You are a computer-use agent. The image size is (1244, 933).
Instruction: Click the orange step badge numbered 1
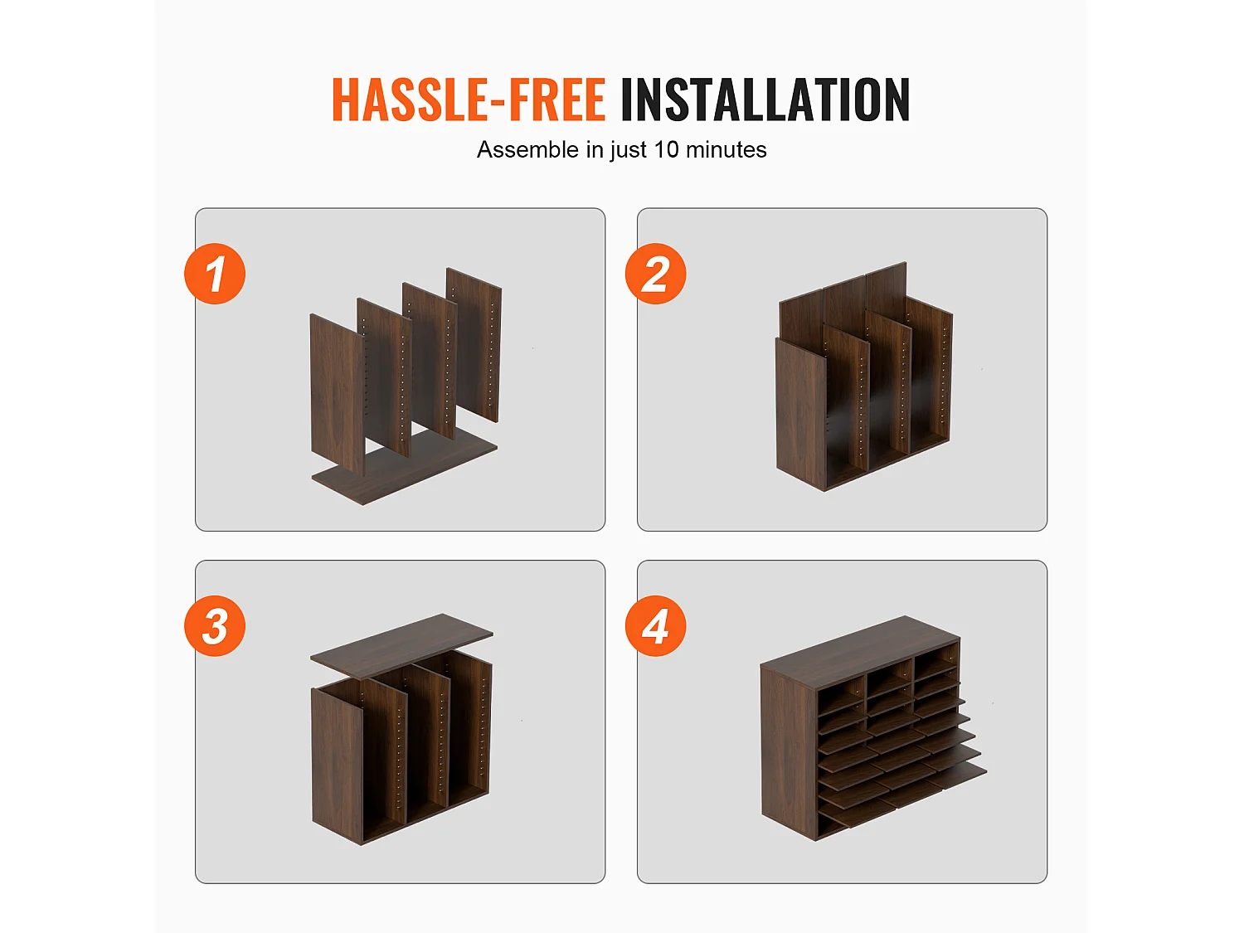click(215, 274)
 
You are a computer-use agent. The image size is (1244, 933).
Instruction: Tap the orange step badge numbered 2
click(656, 274)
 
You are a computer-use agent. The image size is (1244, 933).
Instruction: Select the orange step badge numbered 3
click(215, 626)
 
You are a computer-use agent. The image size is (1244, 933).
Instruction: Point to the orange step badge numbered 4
click(656, 626)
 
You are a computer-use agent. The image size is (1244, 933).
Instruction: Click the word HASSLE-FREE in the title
click(469, 100)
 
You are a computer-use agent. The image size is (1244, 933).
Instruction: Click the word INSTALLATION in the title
click(765, 100)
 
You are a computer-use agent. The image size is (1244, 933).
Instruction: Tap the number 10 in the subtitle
click(666, 149)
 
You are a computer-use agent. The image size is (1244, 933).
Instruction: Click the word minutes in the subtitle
click(726, 149)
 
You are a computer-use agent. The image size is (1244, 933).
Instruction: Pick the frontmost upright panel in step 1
click(338, 395)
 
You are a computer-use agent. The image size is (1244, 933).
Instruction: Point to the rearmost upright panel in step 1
click(474, 344)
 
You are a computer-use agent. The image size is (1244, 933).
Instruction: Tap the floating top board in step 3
click(401, 644)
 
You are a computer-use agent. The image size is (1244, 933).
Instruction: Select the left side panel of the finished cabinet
click(789, 752)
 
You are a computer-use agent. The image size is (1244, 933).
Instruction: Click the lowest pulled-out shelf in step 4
click(906, 796)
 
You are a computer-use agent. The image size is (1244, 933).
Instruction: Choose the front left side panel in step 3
click(338, 765)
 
